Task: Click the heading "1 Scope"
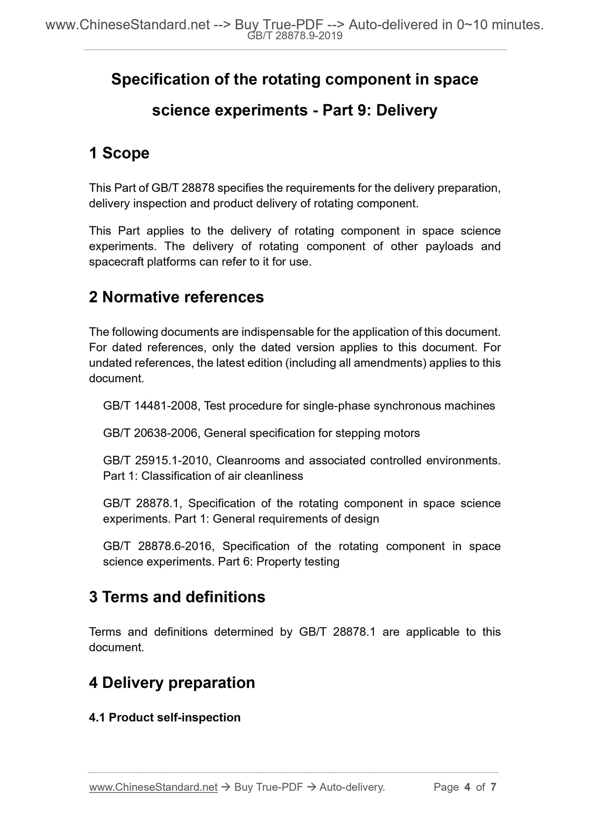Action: pos(119,153)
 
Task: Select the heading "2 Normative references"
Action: pos(176,297)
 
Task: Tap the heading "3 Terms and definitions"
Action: pos(177,597)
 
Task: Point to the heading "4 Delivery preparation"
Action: pos(172,683)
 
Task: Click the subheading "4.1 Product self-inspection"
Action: pos(165,717)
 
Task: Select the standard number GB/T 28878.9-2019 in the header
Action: pos(295,36)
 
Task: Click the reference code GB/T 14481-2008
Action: pos(151,406)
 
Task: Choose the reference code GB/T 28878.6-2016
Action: pos(157,546)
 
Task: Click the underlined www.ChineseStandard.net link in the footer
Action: pos(153,787)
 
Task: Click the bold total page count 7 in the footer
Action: pos(493,787)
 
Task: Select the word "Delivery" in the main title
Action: pos(407,110)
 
